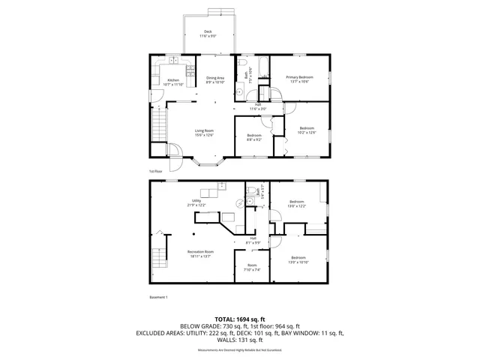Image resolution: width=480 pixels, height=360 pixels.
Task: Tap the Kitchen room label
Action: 173,82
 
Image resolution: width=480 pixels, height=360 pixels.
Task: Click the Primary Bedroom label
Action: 299,79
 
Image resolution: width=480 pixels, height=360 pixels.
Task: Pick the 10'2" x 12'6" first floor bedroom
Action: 306,130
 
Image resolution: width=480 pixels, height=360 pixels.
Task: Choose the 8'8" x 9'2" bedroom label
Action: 253,137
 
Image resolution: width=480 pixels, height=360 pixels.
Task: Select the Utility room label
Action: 197,203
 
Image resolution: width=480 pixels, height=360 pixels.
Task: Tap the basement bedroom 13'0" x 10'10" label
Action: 298,261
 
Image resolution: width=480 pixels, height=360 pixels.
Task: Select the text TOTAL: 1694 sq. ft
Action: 239,319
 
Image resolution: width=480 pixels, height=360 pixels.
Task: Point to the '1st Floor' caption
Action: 156,172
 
